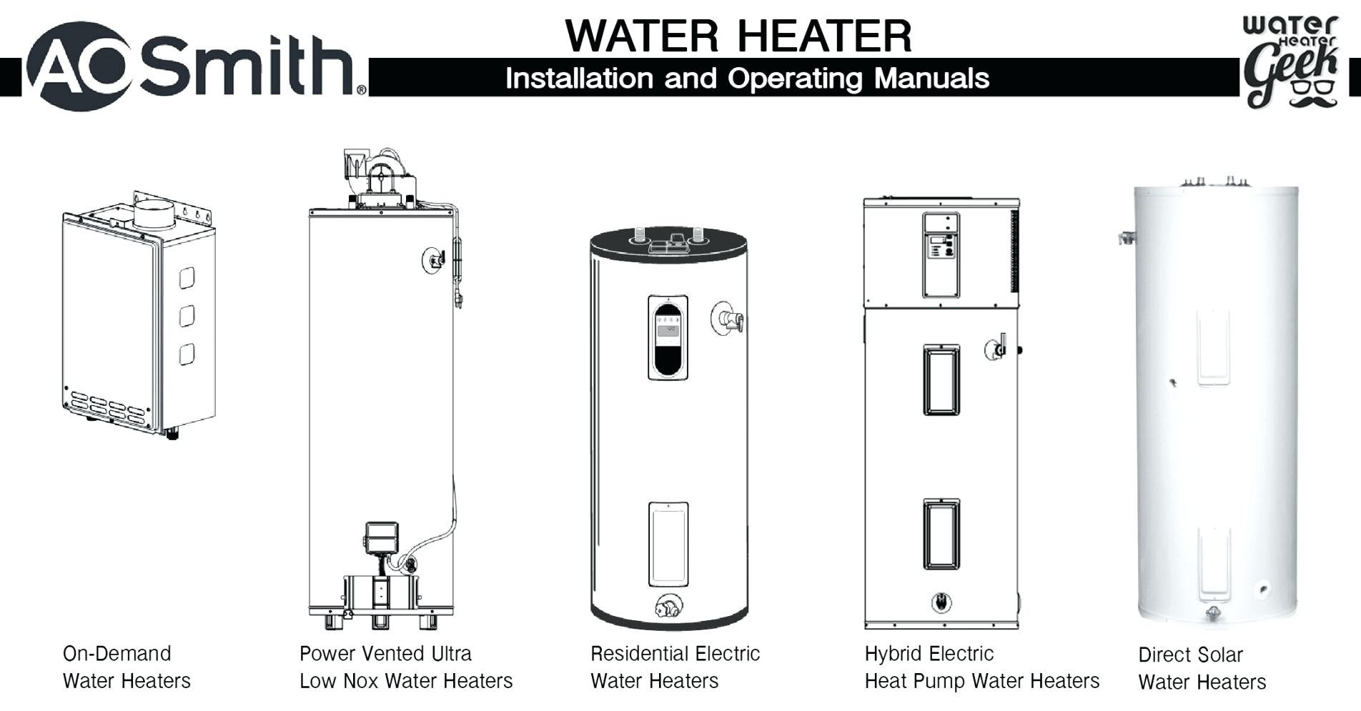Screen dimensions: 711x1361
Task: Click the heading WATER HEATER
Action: pyautogui.click(x=738, y=36)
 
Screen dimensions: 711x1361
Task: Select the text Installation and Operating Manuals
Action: pyautogui.click(x=747, y=78)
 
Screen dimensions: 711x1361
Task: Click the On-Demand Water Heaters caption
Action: pyautogui.click(x=127, y=667)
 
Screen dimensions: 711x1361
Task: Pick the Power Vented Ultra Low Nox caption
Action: pyautogui.click(x=405, y=667)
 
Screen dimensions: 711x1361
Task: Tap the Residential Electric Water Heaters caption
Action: pyautogui.click(x=674, y=667)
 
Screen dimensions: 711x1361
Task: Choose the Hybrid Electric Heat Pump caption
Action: pyautogui.click(x=981, y=667)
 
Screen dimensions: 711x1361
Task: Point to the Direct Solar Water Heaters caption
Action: pyautogui.click(x=1202, y=668)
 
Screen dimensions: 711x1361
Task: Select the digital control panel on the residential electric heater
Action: pyautogui.click(x=668, y=337)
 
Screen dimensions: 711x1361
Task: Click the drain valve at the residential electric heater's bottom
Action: pyautogui.click(x=668, y=607)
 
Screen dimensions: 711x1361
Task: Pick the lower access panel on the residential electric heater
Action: pyautogui.click(x=668, y=544)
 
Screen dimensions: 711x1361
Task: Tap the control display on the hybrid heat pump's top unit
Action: pyautogui.click(x=941, y=247)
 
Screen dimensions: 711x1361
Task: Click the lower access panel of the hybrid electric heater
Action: pyautogui.click(x=941, y=534)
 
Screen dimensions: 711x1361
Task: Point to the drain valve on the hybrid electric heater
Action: pyautogui.click(x=941, y=602)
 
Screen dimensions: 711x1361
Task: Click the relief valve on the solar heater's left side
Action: pyautogui.click(x=1127, y=238)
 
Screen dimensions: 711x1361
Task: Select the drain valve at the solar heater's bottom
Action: pyautogui.click(x=1213, y=613)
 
